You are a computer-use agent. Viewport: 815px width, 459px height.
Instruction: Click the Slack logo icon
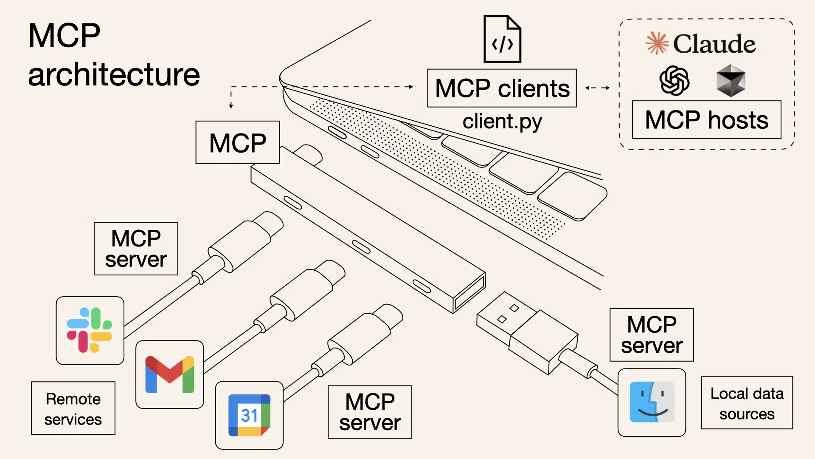(90, 330)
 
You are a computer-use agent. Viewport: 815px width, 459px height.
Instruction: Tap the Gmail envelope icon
(169, 374)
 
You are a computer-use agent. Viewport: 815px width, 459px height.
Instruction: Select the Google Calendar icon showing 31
(249, 415)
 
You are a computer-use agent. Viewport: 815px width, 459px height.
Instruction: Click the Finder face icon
(652, 402)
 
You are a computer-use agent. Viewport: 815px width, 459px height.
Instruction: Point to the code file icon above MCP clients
(502, 39)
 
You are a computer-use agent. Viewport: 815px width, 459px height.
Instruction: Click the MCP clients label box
(502, 88)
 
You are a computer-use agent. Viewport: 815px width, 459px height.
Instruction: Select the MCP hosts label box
(706, 120)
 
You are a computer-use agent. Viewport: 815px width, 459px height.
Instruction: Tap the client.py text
(502, 122)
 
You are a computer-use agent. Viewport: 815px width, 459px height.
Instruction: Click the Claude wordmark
(714, 44)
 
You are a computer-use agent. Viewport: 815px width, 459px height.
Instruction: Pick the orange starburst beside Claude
(657, 43)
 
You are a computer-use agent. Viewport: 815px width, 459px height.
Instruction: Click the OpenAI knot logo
(674, 80)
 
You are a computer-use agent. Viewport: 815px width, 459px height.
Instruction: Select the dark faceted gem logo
(731, 80)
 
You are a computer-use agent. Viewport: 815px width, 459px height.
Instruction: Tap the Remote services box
(73, 408)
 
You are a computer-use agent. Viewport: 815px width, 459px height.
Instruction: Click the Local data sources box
(747, 403)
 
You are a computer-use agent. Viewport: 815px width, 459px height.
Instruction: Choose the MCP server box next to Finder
(652, 335)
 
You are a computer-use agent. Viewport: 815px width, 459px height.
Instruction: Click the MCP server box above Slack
(136, 249)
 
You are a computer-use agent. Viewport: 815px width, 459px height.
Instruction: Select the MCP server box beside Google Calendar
(370, 412)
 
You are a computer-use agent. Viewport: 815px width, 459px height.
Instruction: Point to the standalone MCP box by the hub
(237, 142)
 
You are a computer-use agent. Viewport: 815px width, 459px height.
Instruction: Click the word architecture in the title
(114, 75)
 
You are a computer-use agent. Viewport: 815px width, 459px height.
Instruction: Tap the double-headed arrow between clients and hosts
(597, 88)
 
